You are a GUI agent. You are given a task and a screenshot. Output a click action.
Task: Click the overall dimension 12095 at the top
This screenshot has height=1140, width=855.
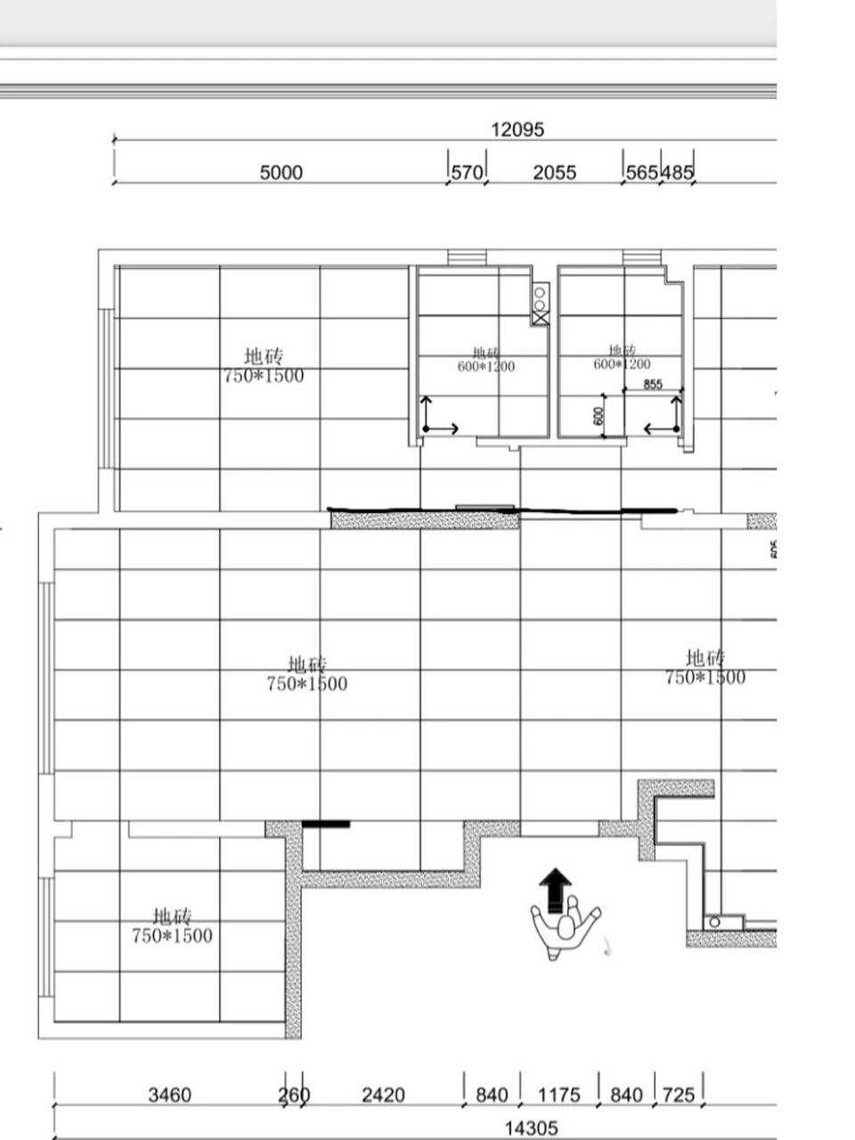click(x=517, y=129)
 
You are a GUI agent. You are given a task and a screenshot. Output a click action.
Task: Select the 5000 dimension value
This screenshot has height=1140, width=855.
click(x=281, y=172)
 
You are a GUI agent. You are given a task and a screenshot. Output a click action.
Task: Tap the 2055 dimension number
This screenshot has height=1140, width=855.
click(x=554, y=172)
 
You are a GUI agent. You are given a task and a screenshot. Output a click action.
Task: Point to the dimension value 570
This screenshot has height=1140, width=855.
click(x=467, y=172)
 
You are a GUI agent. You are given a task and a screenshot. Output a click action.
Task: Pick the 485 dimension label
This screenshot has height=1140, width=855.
click(x=677, y=172)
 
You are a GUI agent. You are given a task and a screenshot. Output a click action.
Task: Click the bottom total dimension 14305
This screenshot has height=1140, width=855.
click(x=531, y=1128)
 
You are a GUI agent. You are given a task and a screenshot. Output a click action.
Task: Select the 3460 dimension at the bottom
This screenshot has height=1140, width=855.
click(x=169, y=1095)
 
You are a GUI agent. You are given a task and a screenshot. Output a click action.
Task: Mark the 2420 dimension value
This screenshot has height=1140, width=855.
click(x=383, y=1095)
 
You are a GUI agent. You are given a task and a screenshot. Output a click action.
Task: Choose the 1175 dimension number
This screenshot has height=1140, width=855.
click(x=559, y=1095)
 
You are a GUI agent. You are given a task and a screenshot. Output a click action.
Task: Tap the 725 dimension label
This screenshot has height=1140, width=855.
click(x=679, y=1095)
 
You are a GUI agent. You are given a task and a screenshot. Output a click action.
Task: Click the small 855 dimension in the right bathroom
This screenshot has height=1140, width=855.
click(x=653, y=384)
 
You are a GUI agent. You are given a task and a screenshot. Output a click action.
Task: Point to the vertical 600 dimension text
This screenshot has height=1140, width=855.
click(x=598, y=415)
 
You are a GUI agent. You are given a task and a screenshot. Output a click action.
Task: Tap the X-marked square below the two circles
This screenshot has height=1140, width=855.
click(x=540, y=317)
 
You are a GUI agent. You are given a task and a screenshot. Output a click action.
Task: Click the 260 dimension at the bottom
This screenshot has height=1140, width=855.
click(x=294, y=1095)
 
